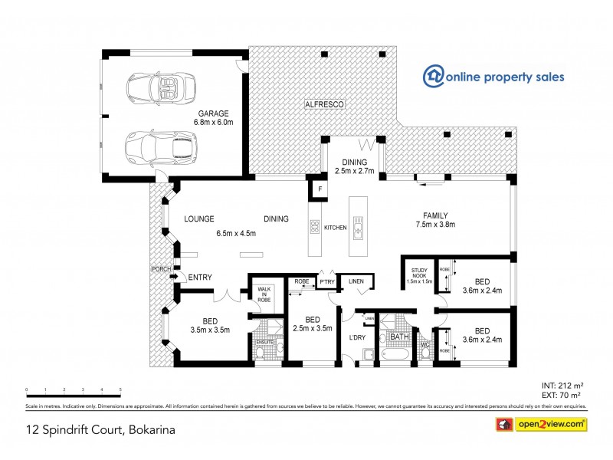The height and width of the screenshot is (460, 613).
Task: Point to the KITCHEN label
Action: [336, 227]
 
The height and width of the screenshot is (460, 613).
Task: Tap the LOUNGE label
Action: [198, 219]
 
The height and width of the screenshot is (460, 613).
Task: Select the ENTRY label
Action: [199, 277]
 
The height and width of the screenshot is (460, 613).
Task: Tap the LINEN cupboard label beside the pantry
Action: [356, 282]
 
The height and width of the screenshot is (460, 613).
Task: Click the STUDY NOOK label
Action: [420, 275]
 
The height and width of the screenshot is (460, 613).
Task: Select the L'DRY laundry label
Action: [356, 338]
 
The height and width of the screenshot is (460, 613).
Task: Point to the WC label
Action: [424, 344]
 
